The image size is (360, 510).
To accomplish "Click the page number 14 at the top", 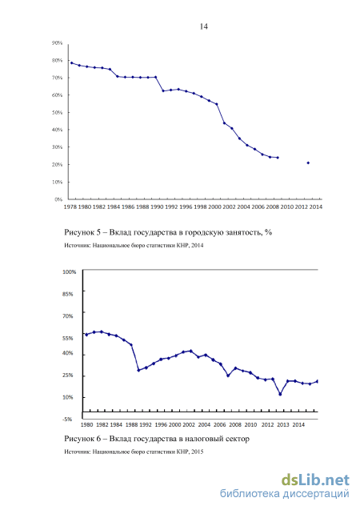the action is [204, 26].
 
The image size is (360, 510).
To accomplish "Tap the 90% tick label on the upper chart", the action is [57, 43].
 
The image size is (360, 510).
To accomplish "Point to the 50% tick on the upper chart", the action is [57, 113].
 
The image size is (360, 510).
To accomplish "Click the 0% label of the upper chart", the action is [58, 199].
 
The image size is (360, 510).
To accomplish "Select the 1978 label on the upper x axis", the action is [70, 207].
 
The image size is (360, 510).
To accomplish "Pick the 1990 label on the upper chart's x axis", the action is [157, 207].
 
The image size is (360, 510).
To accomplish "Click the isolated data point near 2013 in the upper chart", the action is [308, 163].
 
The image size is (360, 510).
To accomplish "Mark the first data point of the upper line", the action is [71, 62].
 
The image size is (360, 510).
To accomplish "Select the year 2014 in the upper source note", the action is [198, 245].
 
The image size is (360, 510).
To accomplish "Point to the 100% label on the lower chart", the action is [70, 272].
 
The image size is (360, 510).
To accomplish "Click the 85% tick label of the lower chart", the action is [68, 294].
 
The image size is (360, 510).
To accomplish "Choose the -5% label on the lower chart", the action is [67, 420].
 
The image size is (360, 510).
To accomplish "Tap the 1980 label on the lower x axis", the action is [86, 425].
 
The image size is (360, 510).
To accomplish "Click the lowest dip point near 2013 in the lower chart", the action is [280, 394].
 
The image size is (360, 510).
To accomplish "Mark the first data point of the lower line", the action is [86, 335].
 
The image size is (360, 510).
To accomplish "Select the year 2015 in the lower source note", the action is [198, 452].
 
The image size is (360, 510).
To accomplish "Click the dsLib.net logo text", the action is [315, 480].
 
